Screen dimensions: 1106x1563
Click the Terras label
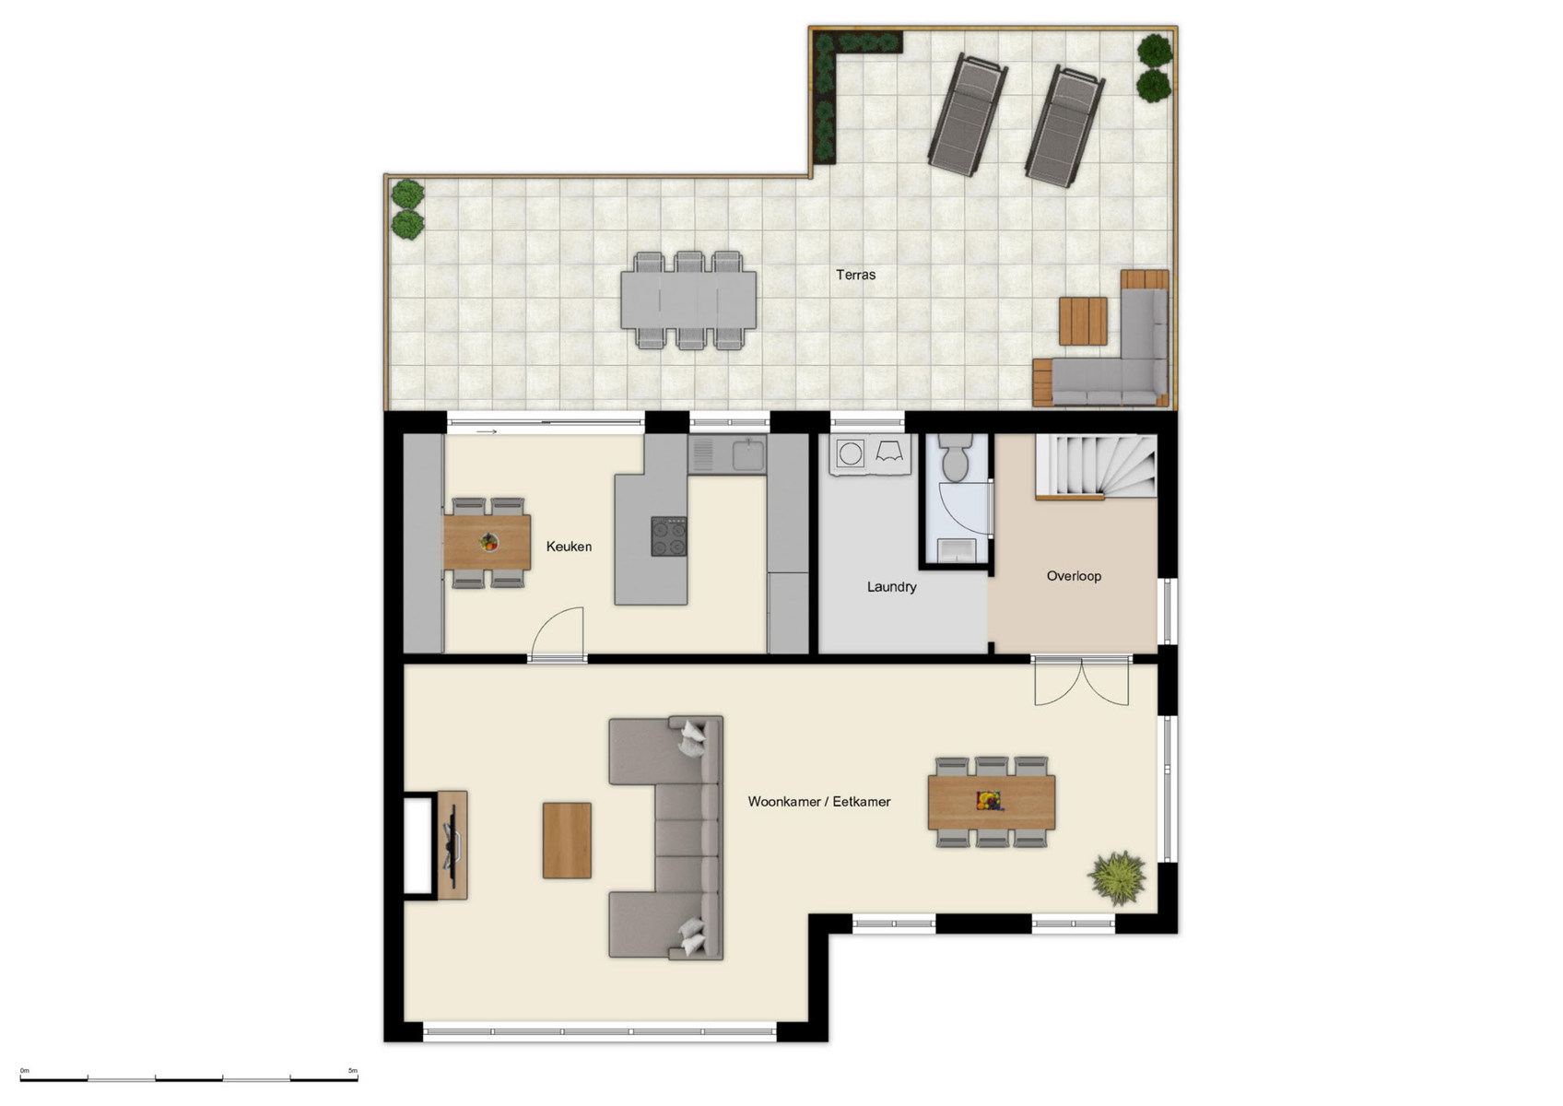[x=855, y=275]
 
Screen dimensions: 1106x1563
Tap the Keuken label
[x=569, y=547]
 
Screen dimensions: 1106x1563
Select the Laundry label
[x=891, y=587]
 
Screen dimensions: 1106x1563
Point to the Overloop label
[x=1074, y=576]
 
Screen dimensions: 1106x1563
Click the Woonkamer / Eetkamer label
[x=818, y=802]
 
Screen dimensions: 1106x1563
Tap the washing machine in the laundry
[x=851, y=453]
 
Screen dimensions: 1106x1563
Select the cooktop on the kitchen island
[x=669, y=536]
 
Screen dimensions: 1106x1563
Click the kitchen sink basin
[x=747, y=455]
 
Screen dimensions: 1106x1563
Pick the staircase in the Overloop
[x=1097, y=466]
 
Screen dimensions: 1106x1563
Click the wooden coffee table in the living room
[x=567, y=840]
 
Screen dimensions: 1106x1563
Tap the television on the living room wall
[x=452, y=843]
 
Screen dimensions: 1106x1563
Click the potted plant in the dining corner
[x=1117, y=877]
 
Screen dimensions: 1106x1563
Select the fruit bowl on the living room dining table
[x=989, y=800]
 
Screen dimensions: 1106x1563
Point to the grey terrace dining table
[x=688, y=300]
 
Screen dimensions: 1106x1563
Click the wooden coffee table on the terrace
[x=1083, y=320]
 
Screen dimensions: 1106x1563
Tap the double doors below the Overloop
[x=1081, y=681]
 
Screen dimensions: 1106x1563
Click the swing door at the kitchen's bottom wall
[x=558, y=633]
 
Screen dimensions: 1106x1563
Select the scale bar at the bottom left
[x=189, y=1077]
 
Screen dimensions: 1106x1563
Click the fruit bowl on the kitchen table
[x=488, y=543]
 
